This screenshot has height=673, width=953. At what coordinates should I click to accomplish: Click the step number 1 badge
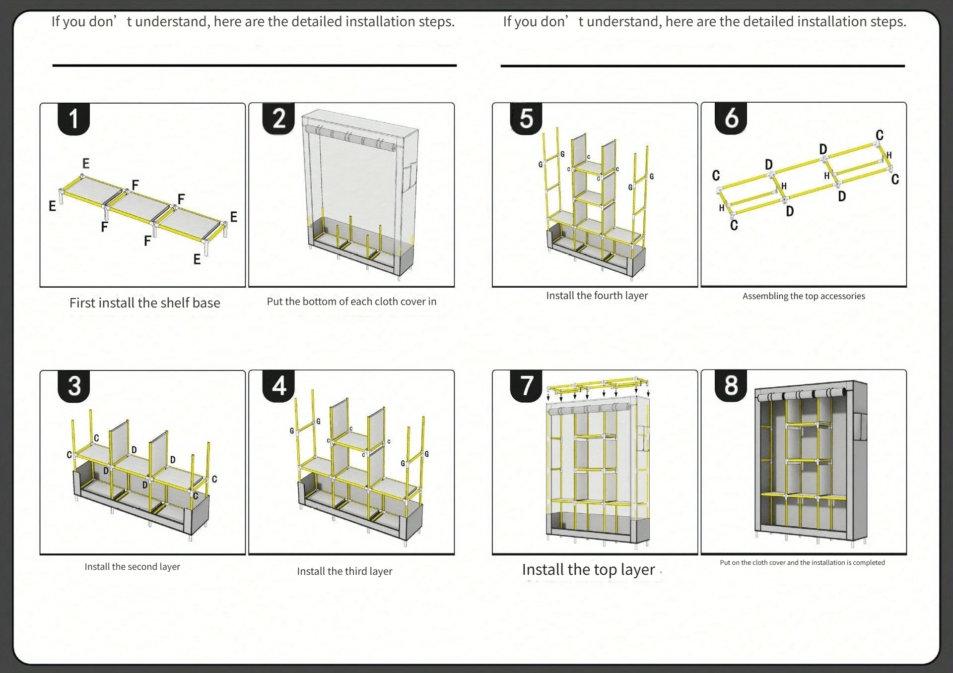[74, 119]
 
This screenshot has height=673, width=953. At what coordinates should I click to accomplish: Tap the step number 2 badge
[279, 119]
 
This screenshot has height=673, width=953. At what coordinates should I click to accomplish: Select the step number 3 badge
[74, 386]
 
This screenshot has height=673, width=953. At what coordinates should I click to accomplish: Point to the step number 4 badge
[279, 386]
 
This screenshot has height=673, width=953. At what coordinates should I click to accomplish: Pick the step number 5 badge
[526, 119]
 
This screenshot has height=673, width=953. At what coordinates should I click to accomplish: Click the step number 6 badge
[731, 119]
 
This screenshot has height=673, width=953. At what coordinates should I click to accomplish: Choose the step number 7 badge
[526, 385]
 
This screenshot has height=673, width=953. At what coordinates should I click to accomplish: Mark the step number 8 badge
[731, 385]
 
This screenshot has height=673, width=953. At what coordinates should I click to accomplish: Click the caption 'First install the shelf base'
[144, 303]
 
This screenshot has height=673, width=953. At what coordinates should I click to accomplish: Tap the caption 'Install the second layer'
[132, 566]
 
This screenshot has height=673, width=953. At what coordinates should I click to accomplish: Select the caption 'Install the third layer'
[344, 571]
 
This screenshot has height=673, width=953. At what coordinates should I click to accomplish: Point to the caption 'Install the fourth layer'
[597, 296]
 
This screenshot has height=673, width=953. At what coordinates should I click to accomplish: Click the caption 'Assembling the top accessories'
[804, 296]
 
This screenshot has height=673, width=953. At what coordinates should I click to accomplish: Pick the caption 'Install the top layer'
[588, 570]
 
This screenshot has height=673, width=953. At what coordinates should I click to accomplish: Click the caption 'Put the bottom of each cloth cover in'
[351, 302]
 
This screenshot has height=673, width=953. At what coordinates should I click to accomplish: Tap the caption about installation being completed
[802, 562]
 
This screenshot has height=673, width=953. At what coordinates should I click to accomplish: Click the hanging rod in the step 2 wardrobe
[350, 138]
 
